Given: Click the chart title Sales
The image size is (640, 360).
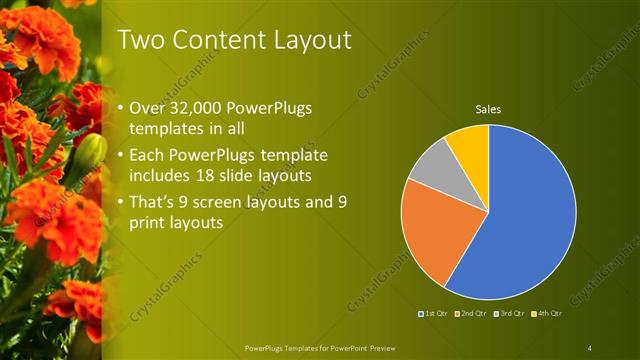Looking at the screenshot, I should [487, 109].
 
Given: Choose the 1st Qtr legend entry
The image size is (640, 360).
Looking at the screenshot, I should [434, 314].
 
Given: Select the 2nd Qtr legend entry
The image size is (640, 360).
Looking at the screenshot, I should [470, 314].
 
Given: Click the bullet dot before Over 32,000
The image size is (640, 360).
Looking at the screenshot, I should [122, 108].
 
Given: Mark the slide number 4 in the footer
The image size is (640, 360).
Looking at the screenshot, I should [590, 347].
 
